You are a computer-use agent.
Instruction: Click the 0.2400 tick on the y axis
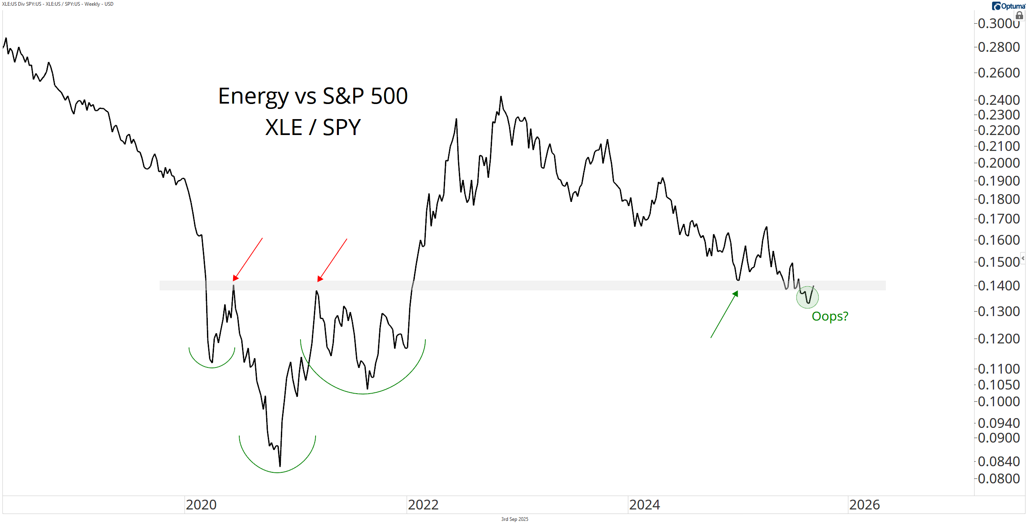click(x=999, y=100)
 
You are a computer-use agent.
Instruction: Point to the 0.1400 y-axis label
click(x=999, y=286)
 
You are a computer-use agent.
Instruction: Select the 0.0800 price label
click(x=999, y=478)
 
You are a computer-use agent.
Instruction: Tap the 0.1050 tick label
click(x=999, y=385)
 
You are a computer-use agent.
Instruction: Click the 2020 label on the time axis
click(x=201, y=505)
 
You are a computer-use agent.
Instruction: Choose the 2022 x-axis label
click(x=423, y=505)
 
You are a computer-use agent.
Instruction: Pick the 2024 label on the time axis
click(x=644, y=505)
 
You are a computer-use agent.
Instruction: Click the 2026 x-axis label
click(x=864, y=505)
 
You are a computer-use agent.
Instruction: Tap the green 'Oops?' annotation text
click(x=830, y=316)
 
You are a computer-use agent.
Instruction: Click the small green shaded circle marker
click(x=807, y=297)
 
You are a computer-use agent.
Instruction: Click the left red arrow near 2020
click(x=247, y=260)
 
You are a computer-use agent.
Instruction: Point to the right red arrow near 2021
click(x=332, y=260)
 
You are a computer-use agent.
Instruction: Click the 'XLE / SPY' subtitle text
click(x=313, y=127)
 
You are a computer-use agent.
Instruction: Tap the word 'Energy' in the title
click(x=253, y=96)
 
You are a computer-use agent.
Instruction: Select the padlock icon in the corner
click(x=1019, y=15)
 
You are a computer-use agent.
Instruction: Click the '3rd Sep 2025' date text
click(x=514, y=519)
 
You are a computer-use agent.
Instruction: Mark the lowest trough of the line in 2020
click(x=280, y=466)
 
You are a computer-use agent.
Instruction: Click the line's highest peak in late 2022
click(x=501, y=97)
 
